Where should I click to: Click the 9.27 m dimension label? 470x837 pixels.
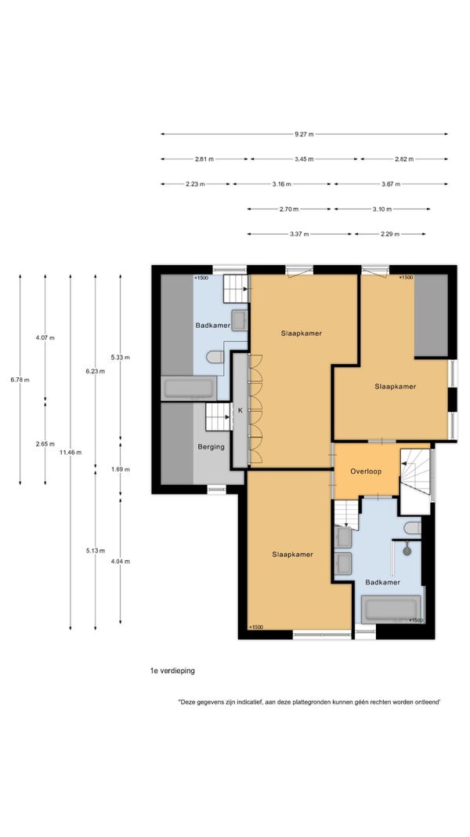coord(304,134)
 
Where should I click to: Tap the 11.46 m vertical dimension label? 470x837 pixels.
coord(70,452)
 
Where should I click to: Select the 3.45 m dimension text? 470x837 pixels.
coord(304,159)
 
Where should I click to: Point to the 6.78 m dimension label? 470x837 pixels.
coord(20,380)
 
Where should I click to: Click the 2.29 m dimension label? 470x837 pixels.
coord(391,234)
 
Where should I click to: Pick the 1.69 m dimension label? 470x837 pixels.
coord(120,469)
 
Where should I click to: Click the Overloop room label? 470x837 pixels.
coord(366,471)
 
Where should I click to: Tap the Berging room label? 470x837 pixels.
coord(211,447)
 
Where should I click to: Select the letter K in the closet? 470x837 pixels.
coord(240,410)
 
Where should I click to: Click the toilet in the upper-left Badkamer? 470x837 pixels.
coord(215,357)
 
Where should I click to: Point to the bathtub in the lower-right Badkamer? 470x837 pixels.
coord(392,609)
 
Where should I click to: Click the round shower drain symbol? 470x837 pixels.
coord(407,549)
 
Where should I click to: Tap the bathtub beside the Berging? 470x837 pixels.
coord(189,388)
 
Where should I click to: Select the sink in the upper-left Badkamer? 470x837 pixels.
coord(239,320)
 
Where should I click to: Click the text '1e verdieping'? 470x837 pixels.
coord(172,671)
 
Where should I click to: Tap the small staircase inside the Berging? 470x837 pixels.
coord(218,417)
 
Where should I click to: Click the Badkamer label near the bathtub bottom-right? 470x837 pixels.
coord(382,582)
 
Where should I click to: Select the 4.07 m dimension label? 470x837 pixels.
coord(45,337)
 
